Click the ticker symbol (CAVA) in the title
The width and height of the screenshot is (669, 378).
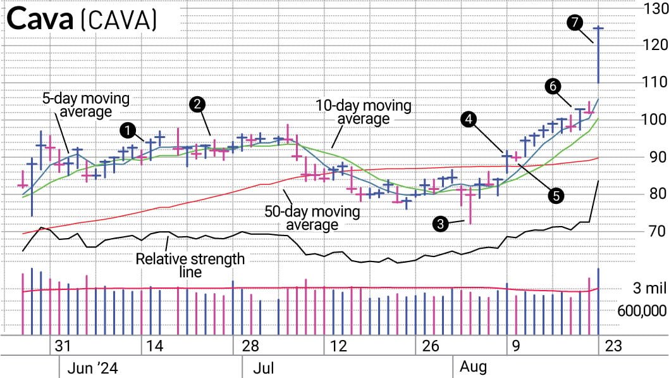coord(118,20)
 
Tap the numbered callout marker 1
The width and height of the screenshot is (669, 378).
coord(129,131)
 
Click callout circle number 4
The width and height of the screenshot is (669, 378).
coord(469,118)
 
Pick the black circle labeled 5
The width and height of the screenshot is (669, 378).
coord(556,196)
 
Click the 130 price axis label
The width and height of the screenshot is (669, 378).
coord(651,8)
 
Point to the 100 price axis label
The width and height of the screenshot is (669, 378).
coord(651,120)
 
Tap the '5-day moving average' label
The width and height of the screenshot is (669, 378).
coord(86,106)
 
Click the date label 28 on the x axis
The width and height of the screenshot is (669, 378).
coord(250,346)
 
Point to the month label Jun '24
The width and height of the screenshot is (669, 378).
coord(92,368)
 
